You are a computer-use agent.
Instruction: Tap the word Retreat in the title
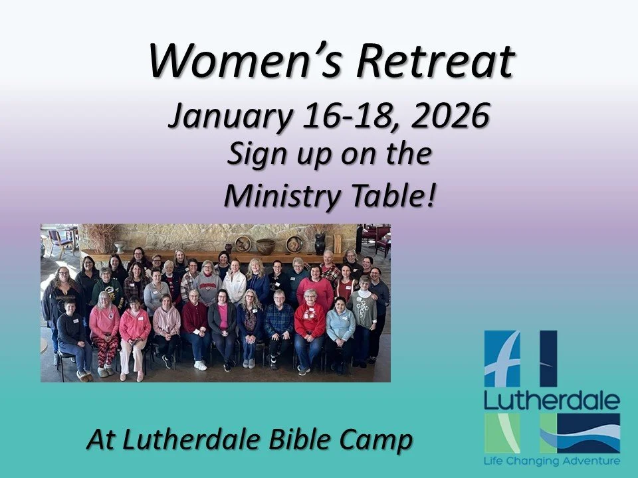point(435,60)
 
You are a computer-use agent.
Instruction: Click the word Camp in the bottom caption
point(375,439)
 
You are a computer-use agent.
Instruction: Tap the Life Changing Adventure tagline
point(552,460)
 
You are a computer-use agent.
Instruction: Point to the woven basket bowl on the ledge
point(265,246)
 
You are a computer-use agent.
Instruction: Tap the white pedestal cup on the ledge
point(120,248)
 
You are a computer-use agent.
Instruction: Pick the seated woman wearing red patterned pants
point(104,332)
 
